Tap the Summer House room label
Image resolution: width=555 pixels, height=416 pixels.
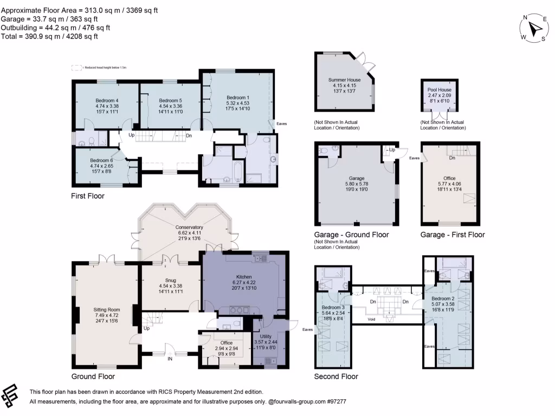(x=344, y=80)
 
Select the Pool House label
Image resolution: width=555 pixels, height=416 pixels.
(x=440, y=90)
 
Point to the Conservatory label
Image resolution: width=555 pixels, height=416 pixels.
(x=189, y=227)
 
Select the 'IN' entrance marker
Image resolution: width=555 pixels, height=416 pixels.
(x=170, y=359)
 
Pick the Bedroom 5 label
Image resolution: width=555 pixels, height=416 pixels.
(x=170, y=100)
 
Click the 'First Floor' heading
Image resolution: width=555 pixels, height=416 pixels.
(x=88, y=196)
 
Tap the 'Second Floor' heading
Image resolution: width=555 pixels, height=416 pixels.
(x=336, y=376)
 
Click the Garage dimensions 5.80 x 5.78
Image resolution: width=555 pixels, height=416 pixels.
(x=356, y=184)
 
